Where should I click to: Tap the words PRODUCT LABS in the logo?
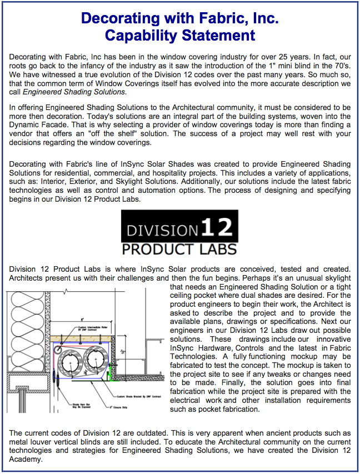(x=179, y=248)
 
